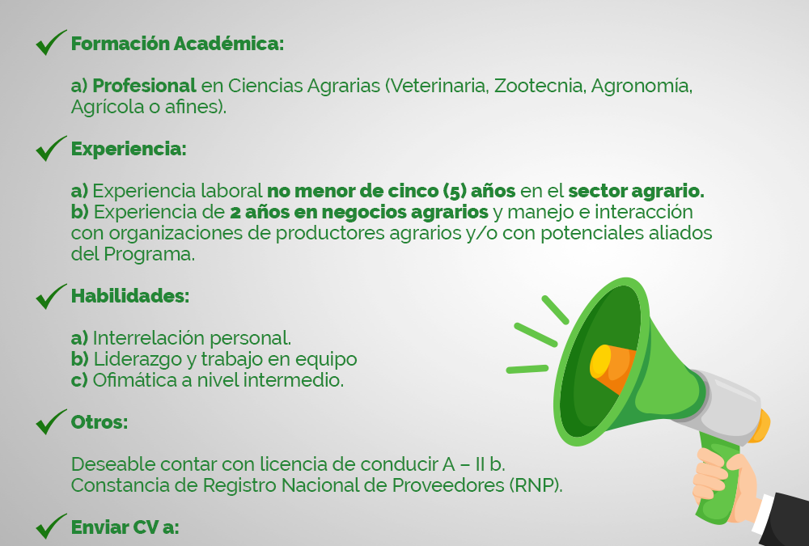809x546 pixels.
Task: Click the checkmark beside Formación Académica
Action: [50, 44]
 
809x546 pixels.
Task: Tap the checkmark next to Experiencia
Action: [50, 149]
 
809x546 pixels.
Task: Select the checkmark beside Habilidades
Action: [50, 297]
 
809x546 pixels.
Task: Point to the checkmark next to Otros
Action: [50, 422]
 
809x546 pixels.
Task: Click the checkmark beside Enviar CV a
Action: [50, 527]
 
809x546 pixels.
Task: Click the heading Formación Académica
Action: [177, 44]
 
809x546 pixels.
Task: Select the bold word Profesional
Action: [145, 86]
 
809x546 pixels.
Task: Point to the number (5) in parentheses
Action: [455, 191]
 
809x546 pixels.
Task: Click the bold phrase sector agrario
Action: [636, 191]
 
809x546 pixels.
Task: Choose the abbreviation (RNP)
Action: [536, 485]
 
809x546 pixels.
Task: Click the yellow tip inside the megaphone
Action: [600, 362]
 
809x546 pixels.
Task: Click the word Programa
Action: [149, 255]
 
